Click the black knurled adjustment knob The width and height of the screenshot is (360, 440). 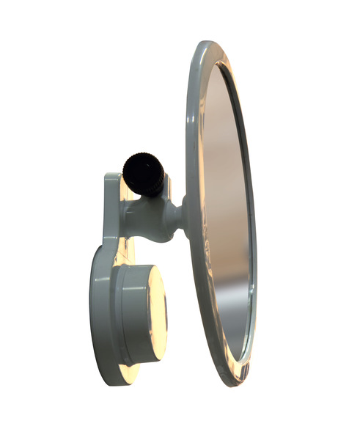(142, 173)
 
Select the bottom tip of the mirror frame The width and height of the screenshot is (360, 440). (236, 382)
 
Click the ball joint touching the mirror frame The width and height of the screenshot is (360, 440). (177, 217)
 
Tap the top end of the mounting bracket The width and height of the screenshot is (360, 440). (111, 178)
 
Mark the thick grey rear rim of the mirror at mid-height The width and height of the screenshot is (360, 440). (192, 220)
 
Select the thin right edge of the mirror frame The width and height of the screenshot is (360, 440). (254, 220)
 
